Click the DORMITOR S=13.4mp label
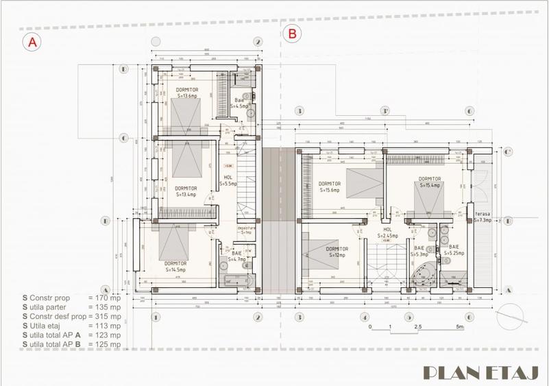coord(186,191)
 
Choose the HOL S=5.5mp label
coord(230,181)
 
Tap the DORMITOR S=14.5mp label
coord(176,267)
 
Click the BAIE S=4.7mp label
coord(229,256)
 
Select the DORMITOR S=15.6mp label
coord(330,187)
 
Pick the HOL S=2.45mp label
coord(387,233)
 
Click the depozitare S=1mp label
coord(245,230)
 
